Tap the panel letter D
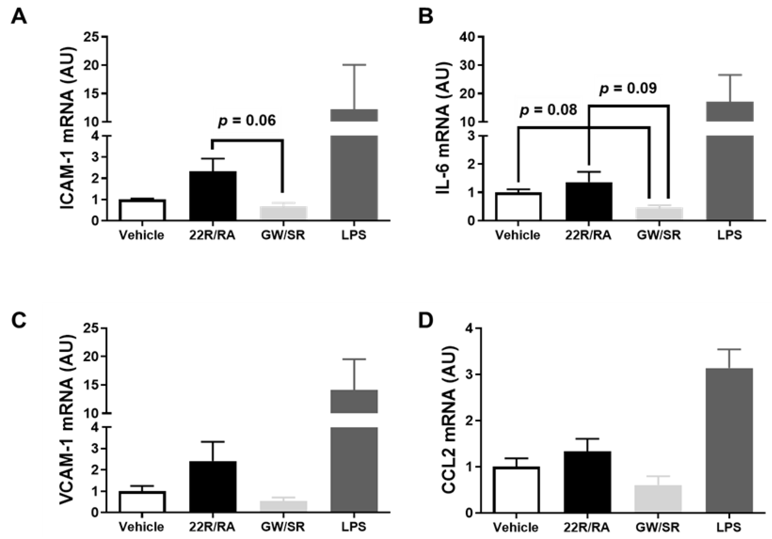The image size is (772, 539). click(x=426, y=321)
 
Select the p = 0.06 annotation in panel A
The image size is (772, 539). click(x=247, y=121)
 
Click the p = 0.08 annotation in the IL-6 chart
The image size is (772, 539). click(x=548, y=110)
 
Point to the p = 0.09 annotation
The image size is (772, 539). click(x=628, y=88)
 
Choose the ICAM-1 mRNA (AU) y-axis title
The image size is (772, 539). click(x=68, y=129)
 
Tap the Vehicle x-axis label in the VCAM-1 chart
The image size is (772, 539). click(x=142, y=527)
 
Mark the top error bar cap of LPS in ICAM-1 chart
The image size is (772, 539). click(x=354, y=65)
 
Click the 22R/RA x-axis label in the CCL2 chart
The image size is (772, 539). click(x=587, y=528)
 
